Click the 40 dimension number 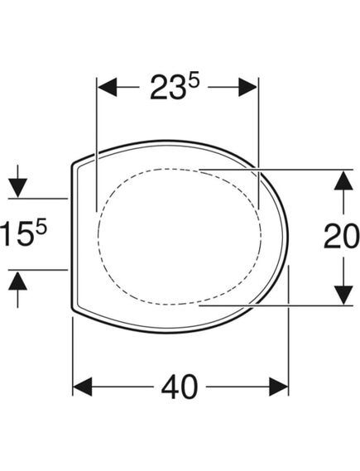click(180, 387)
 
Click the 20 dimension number click(342, 236)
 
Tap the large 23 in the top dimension click(167, 87)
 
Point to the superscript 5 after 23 click(194, 81)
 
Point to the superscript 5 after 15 click(41, 228)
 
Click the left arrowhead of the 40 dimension click(82, 387)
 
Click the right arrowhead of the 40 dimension click(279, 387)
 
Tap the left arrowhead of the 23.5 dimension click(108, 87)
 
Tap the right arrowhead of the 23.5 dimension click(247, 87)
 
